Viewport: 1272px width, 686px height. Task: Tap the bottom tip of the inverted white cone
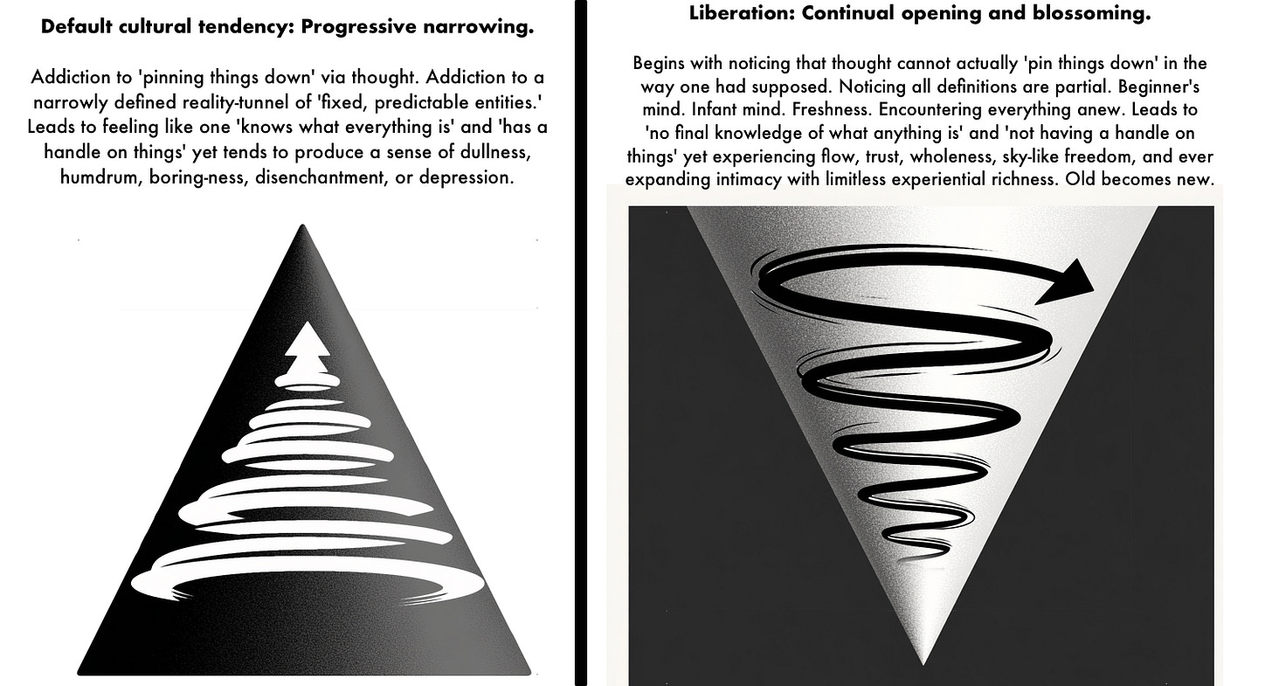point(923,662)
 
